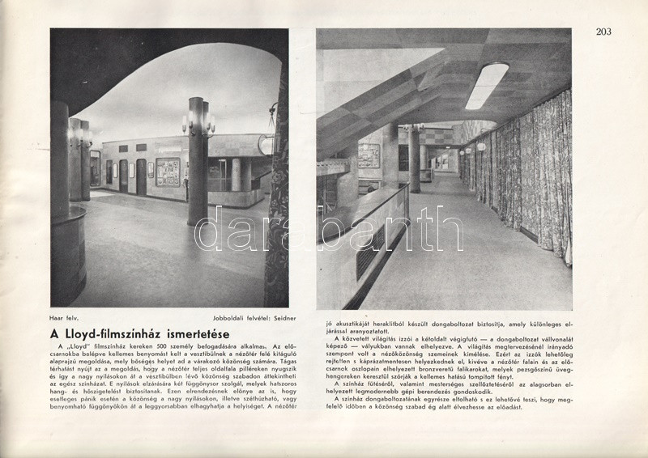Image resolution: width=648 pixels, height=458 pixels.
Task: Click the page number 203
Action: click(603, 32)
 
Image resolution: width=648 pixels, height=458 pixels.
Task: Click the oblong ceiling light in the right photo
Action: click(486, 85)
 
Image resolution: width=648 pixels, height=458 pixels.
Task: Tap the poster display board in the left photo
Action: click(168, 172)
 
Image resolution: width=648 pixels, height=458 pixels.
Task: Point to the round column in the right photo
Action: click(414, 158)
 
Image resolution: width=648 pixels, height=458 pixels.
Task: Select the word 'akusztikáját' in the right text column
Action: click(353, 318)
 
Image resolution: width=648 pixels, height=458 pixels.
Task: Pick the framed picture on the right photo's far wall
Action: click(369, 155)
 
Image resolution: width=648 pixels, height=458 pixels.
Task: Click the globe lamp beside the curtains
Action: click(480, 147)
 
